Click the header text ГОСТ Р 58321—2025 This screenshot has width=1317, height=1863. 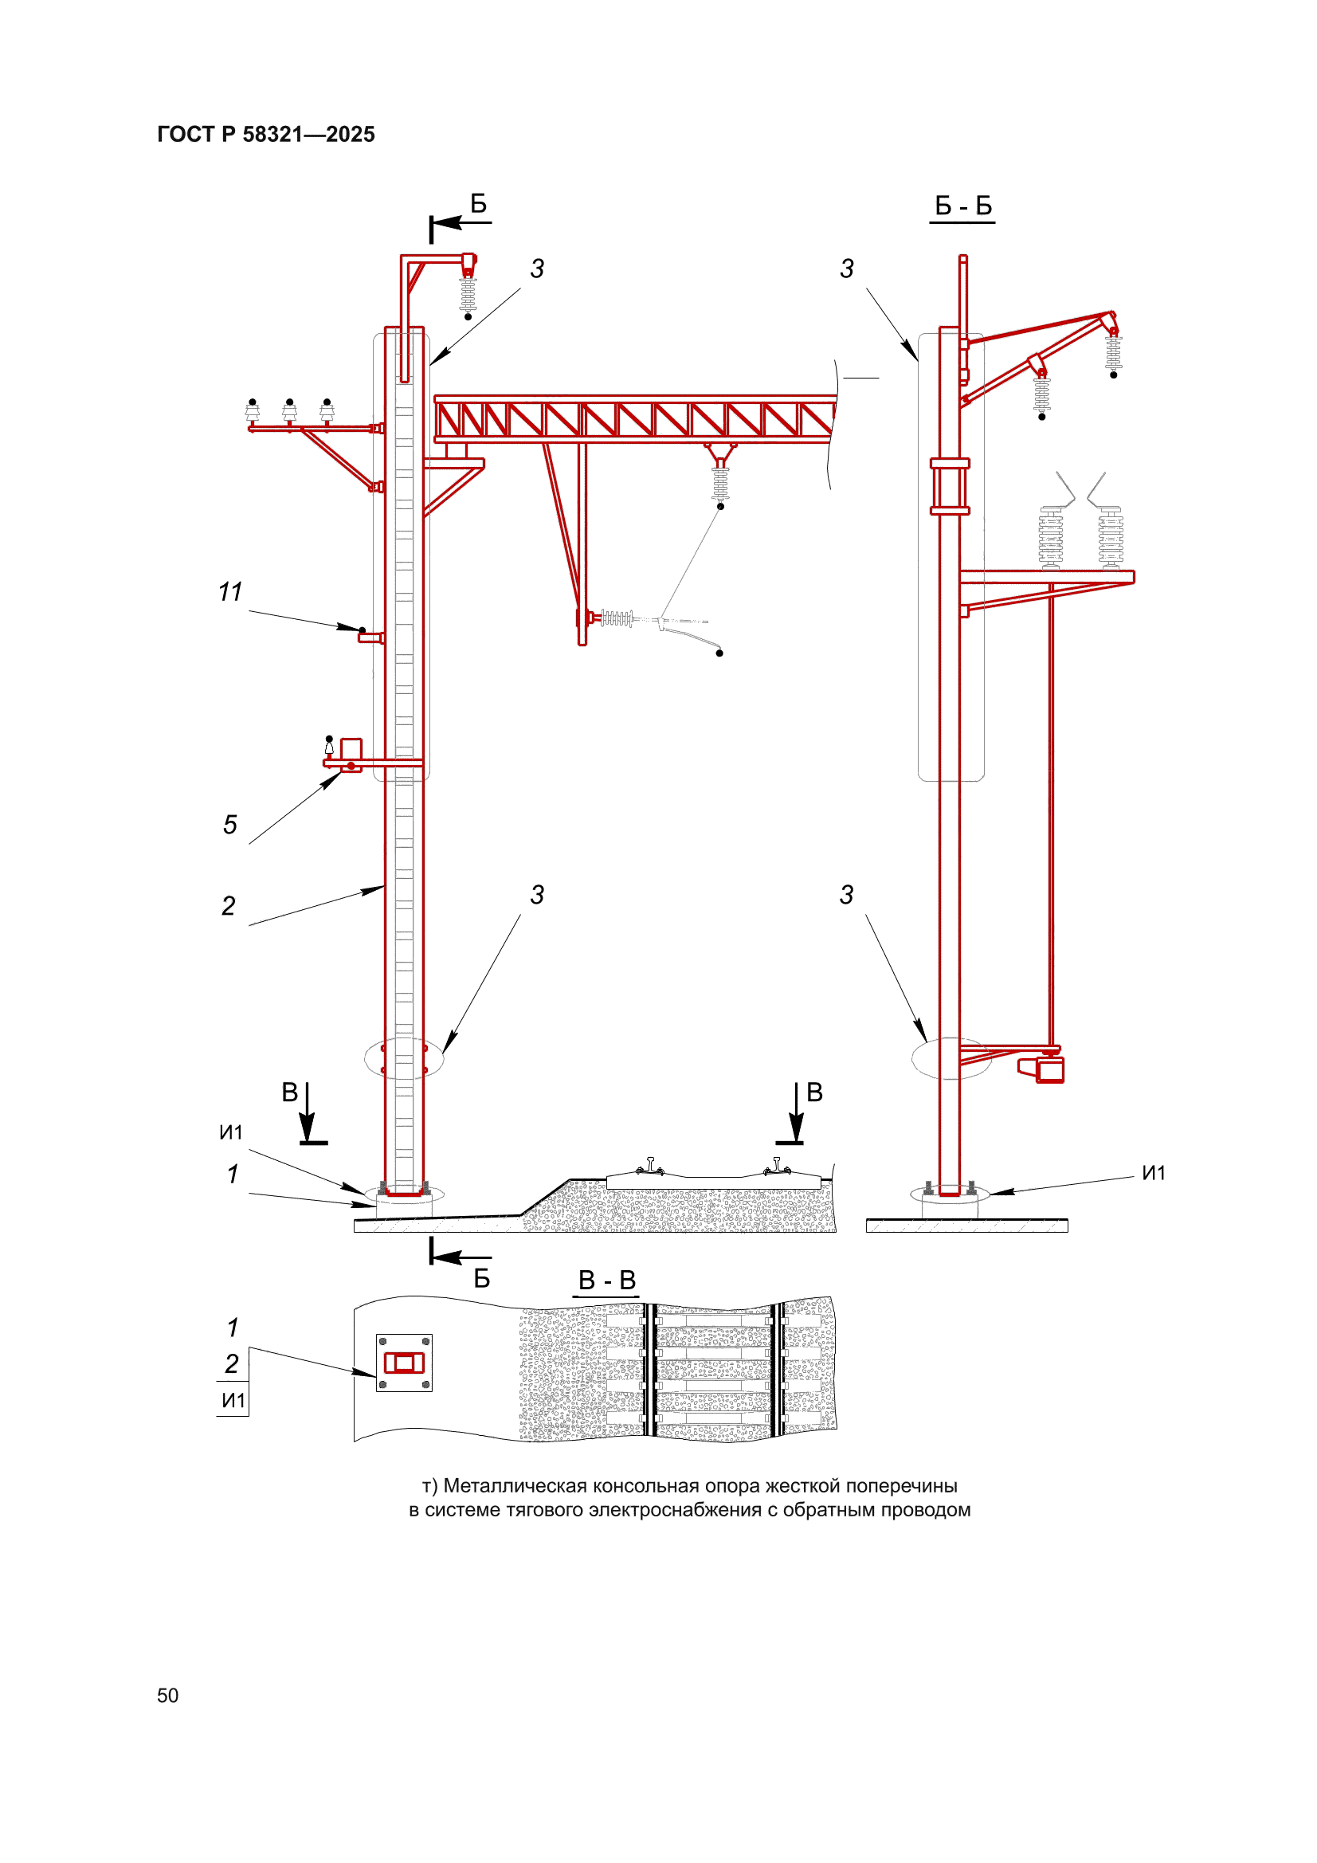[x=266, y=135]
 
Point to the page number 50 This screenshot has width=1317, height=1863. [x=168, y=1695]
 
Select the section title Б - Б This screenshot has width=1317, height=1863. [x=963, y=206]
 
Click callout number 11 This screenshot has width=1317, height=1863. [x=230, y=592]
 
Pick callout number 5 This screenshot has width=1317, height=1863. [x=230, y=825]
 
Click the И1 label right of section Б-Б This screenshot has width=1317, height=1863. [x=1153, y=1173]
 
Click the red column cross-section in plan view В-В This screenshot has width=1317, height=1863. [x=404, y=1363]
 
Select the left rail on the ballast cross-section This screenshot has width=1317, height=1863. [x=649, y=1167]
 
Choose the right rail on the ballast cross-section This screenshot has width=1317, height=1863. [x=777, y=1167]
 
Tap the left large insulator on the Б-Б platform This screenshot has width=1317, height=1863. [x=1051, y=536]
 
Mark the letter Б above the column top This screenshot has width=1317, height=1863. [x=479, y=204]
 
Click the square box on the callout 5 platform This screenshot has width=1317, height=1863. [x=351, y=748]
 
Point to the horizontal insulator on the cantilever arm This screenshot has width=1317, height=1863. [x=616, y=619]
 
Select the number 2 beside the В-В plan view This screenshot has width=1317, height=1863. [x=232, y=1363]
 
